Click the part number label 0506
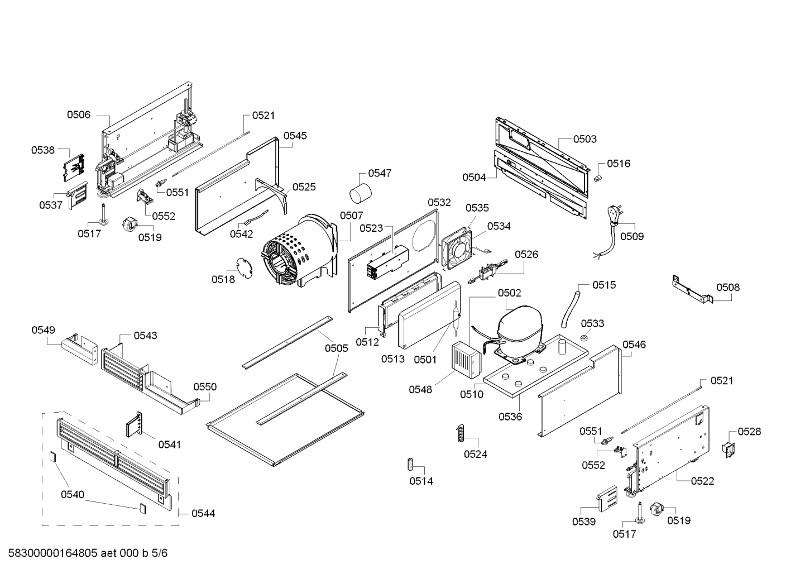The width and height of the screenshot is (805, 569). (79, 115)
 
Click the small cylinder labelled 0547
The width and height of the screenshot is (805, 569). (360, 193)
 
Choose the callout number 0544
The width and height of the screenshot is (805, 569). (203, 513)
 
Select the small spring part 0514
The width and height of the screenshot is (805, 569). (410, 463)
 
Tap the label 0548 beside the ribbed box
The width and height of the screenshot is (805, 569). (420, 389)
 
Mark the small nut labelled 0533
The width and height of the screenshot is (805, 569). (584, 338)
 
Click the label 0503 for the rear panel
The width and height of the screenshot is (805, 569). (584, 139)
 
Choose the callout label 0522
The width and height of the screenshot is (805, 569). (702, 481)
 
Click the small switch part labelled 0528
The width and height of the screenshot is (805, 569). (729, 448)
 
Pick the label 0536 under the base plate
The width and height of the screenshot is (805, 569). (510, 417)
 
